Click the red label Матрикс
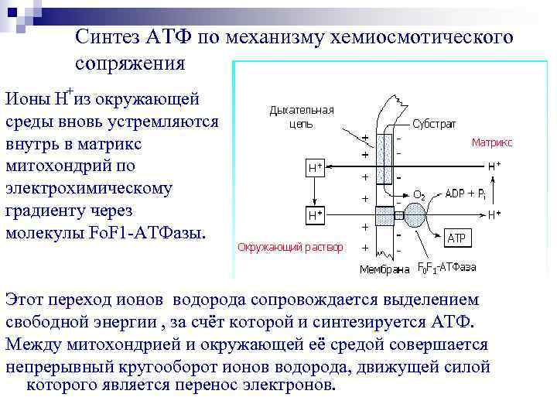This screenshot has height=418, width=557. pos(491,142)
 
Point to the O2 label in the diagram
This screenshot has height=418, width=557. pos(420,194)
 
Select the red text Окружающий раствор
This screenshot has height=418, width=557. pos(290,248)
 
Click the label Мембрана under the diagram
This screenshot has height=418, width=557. pos(384,270)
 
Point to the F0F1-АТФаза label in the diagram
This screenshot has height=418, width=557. pos(446,268)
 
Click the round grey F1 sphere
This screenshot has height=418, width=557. pos(414,214)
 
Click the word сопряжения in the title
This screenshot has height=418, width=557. pos(131,63)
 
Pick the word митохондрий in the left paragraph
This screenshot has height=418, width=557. pos(59,166)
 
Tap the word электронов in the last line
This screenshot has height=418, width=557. pos(288,385)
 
